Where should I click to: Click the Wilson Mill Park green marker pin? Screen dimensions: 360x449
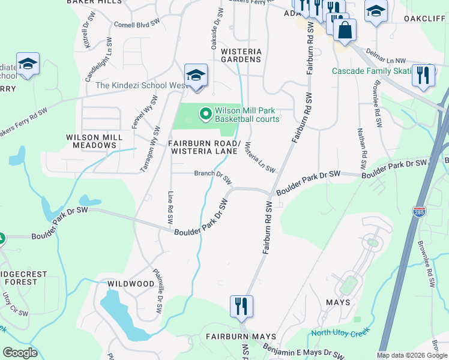pyautogui.click(x=205, y=113)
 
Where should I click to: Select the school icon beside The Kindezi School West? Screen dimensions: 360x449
pyautogui.click(x=196, y=76)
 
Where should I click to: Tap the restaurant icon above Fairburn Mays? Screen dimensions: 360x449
pyautogui.click(x=241, y=306)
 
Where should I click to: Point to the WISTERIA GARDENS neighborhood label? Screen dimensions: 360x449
pyautogui.click(x=241, y=55)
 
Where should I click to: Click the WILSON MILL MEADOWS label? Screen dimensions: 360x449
pyautogui.click(x=94, y=141)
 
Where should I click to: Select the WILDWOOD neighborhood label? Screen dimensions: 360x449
pyautogui.click(x=131, y=283)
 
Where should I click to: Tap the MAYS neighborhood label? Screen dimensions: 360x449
pyautogui.click(x=338, y=302)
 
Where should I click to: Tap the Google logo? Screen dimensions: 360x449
pyautogui.click(x=20, y=353)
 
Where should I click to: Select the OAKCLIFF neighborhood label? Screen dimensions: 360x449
pyautogui.click(x=426, y=19)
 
